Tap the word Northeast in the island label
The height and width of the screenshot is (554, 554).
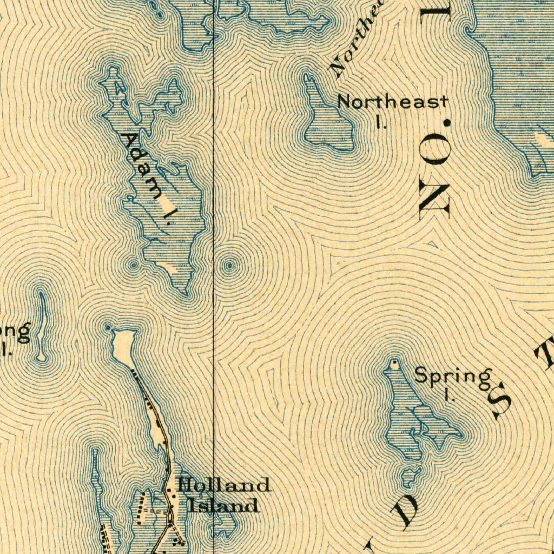(x=393, y=101)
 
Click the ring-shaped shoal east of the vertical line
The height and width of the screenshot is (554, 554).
(x=230, y=265)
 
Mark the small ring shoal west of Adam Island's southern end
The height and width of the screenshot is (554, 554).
(x=133, y=265)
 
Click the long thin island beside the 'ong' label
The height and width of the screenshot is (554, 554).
(x=41, y=325)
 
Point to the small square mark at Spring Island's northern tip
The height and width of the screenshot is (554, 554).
(x=395, y=362)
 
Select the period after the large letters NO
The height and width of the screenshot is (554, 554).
(x=447, y=123)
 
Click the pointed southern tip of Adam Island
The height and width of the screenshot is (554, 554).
(x=186, y=294)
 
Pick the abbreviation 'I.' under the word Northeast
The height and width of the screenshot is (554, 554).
(x=381, y=122)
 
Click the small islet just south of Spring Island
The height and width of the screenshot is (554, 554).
(x=410, y=476)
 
